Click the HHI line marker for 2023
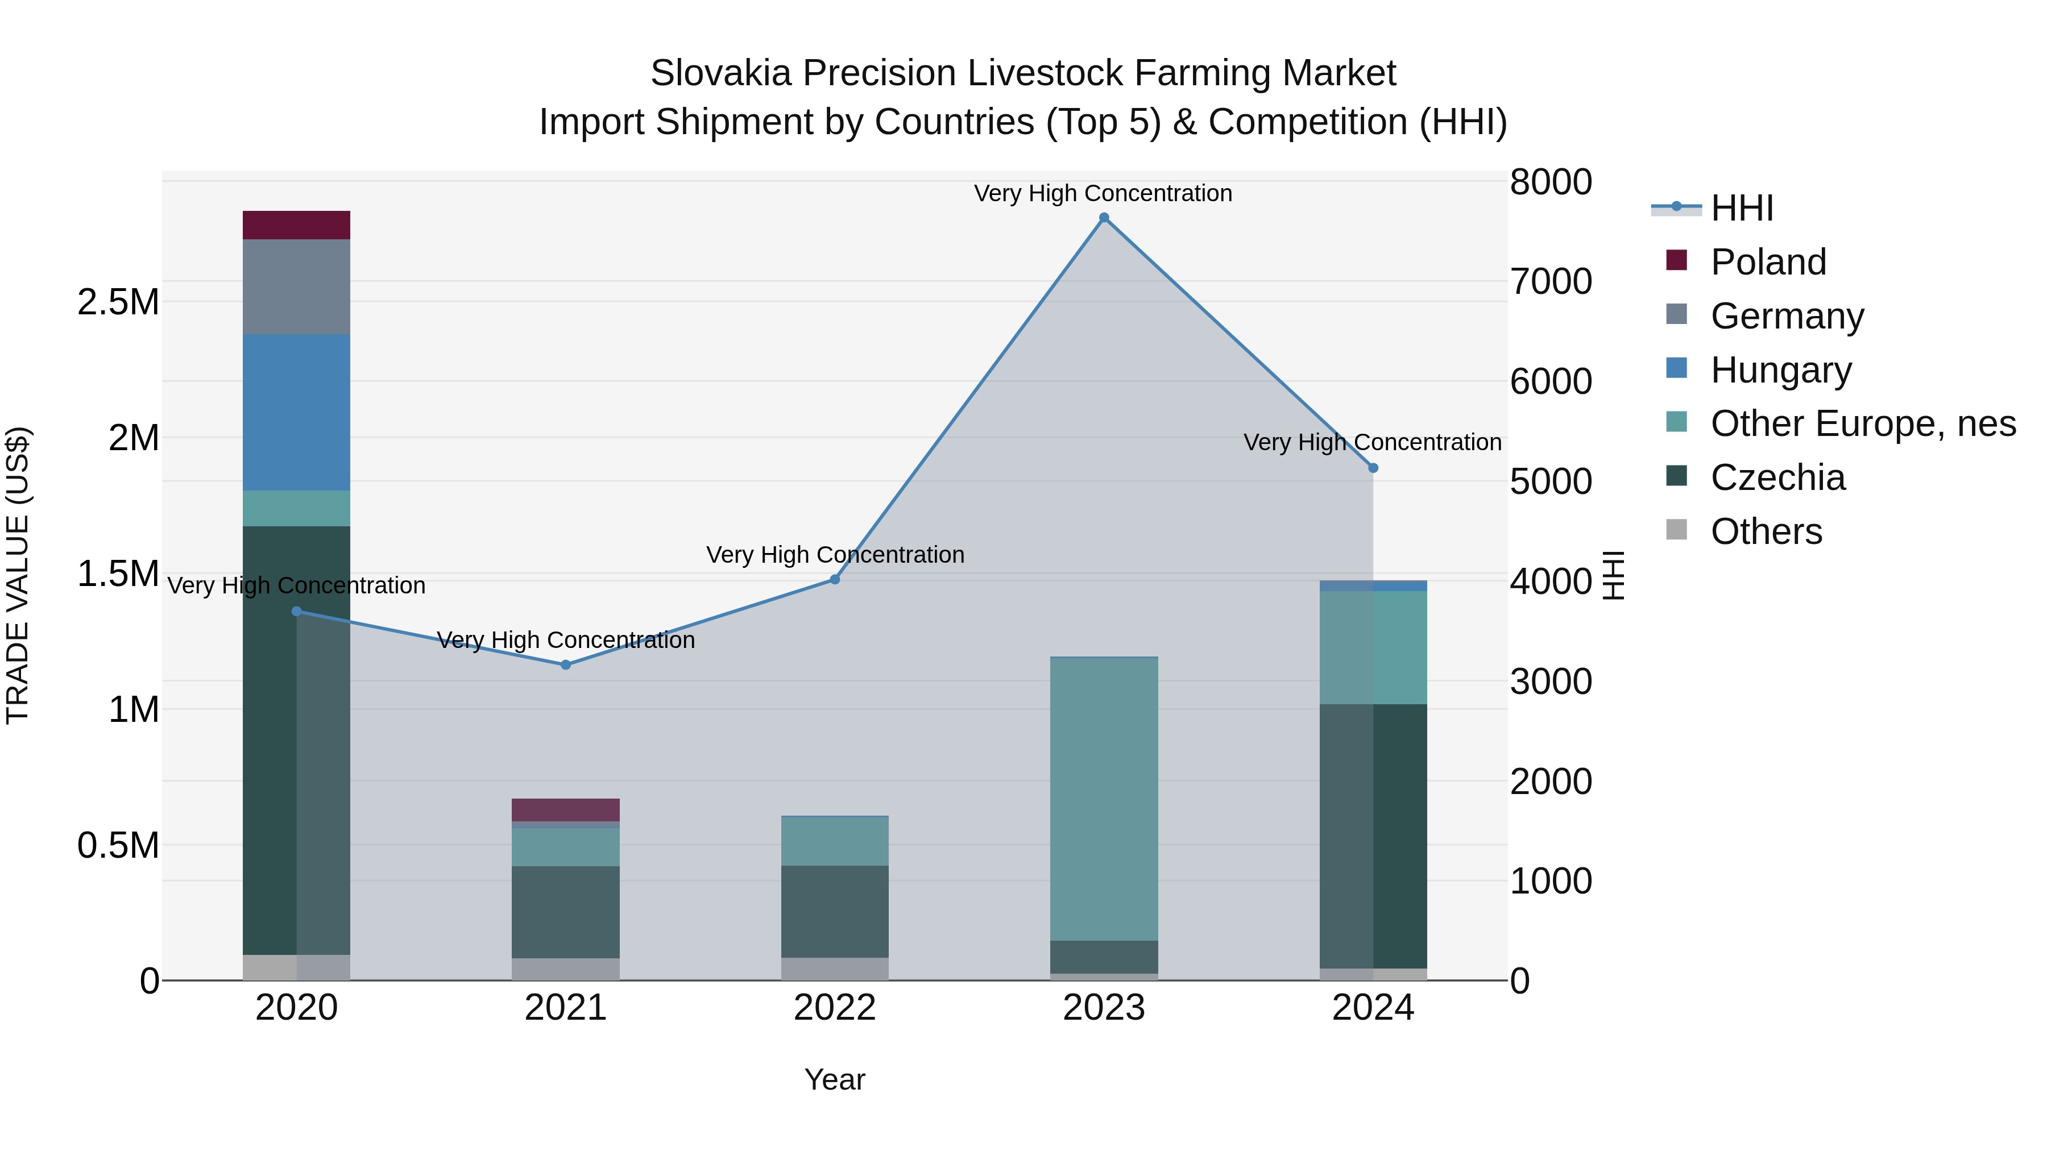[1104, 218]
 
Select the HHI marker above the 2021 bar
[566, 665]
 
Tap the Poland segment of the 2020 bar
[296, 225]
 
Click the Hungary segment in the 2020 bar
[296, 412]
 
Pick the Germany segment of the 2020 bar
[296, 287]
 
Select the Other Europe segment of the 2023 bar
[1104, 799]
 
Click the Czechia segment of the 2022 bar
[834, 911]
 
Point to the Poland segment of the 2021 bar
[566, 809]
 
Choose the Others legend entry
[1766, 531]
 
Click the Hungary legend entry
[1780, 370]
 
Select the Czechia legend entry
[1777, 477]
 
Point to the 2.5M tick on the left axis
[118, 302]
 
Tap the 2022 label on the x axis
[834, 1008]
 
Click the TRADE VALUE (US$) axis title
[18, 575]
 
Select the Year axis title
[834, 1079]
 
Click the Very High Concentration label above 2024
[1373, 442]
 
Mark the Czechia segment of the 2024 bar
[1373, 836]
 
